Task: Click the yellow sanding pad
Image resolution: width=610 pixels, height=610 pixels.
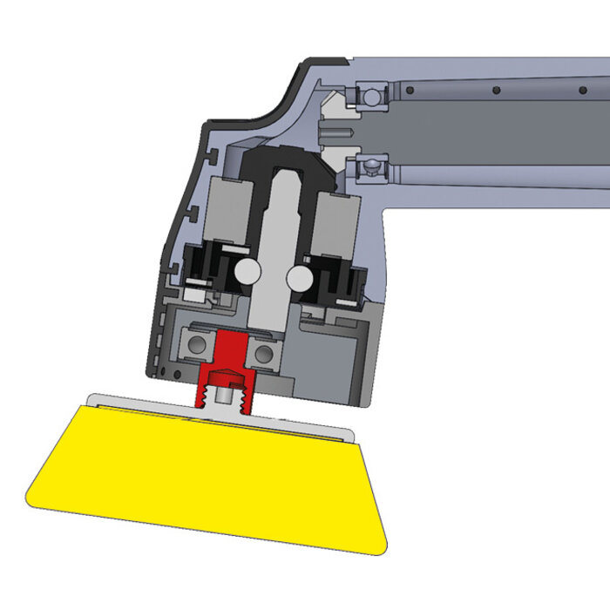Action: (209, 475)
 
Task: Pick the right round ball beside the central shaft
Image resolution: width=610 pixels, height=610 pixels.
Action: (299, 278)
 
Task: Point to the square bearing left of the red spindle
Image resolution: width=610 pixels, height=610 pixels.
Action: (198, 345)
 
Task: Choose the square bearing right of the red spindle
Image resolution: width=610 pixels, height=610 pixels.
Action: (262, 353)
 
